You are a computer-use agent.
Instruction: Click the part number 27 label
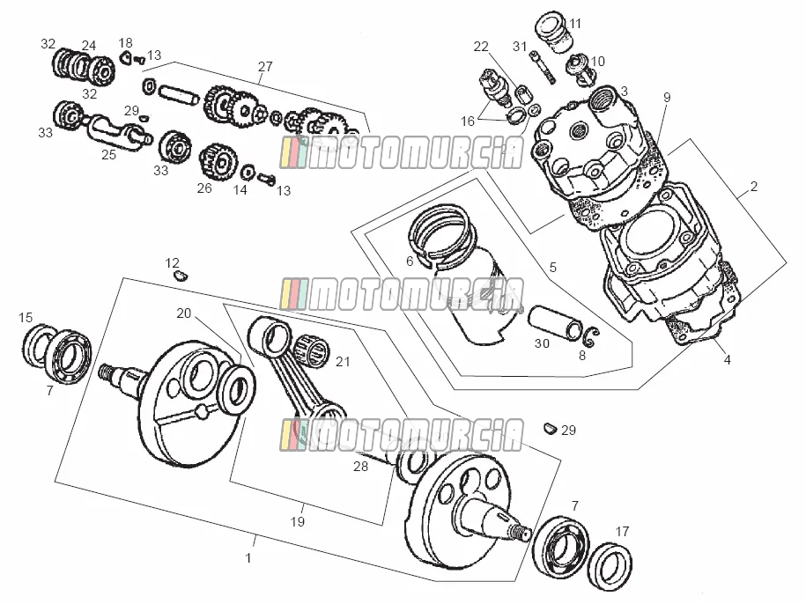click(x=265, y=67)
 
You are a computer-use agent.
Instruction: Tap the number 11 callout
click(x=575, y=24)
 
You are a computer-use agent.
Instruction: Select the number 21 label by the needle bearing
click(x=343, y=362)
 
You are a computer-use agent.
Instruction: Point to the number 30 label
click(x=543, y=343)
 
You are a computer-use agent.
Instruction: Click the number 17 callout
click(x=622, y=531)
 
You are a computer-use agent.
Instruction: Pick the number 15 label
click(x=26, y=317)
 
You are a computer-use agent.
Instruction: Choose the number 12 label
click(x=172, y=263)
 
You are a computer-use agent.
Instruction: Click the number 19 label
click(x=298, y=522)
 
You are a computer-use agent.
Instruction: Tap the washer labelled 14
click(x=248, y=170)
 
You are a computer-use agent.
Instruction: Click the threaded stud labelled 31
click(x=543, y=67)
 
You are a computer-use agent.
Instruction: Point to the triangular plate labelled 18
click(x=125, y=58)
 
